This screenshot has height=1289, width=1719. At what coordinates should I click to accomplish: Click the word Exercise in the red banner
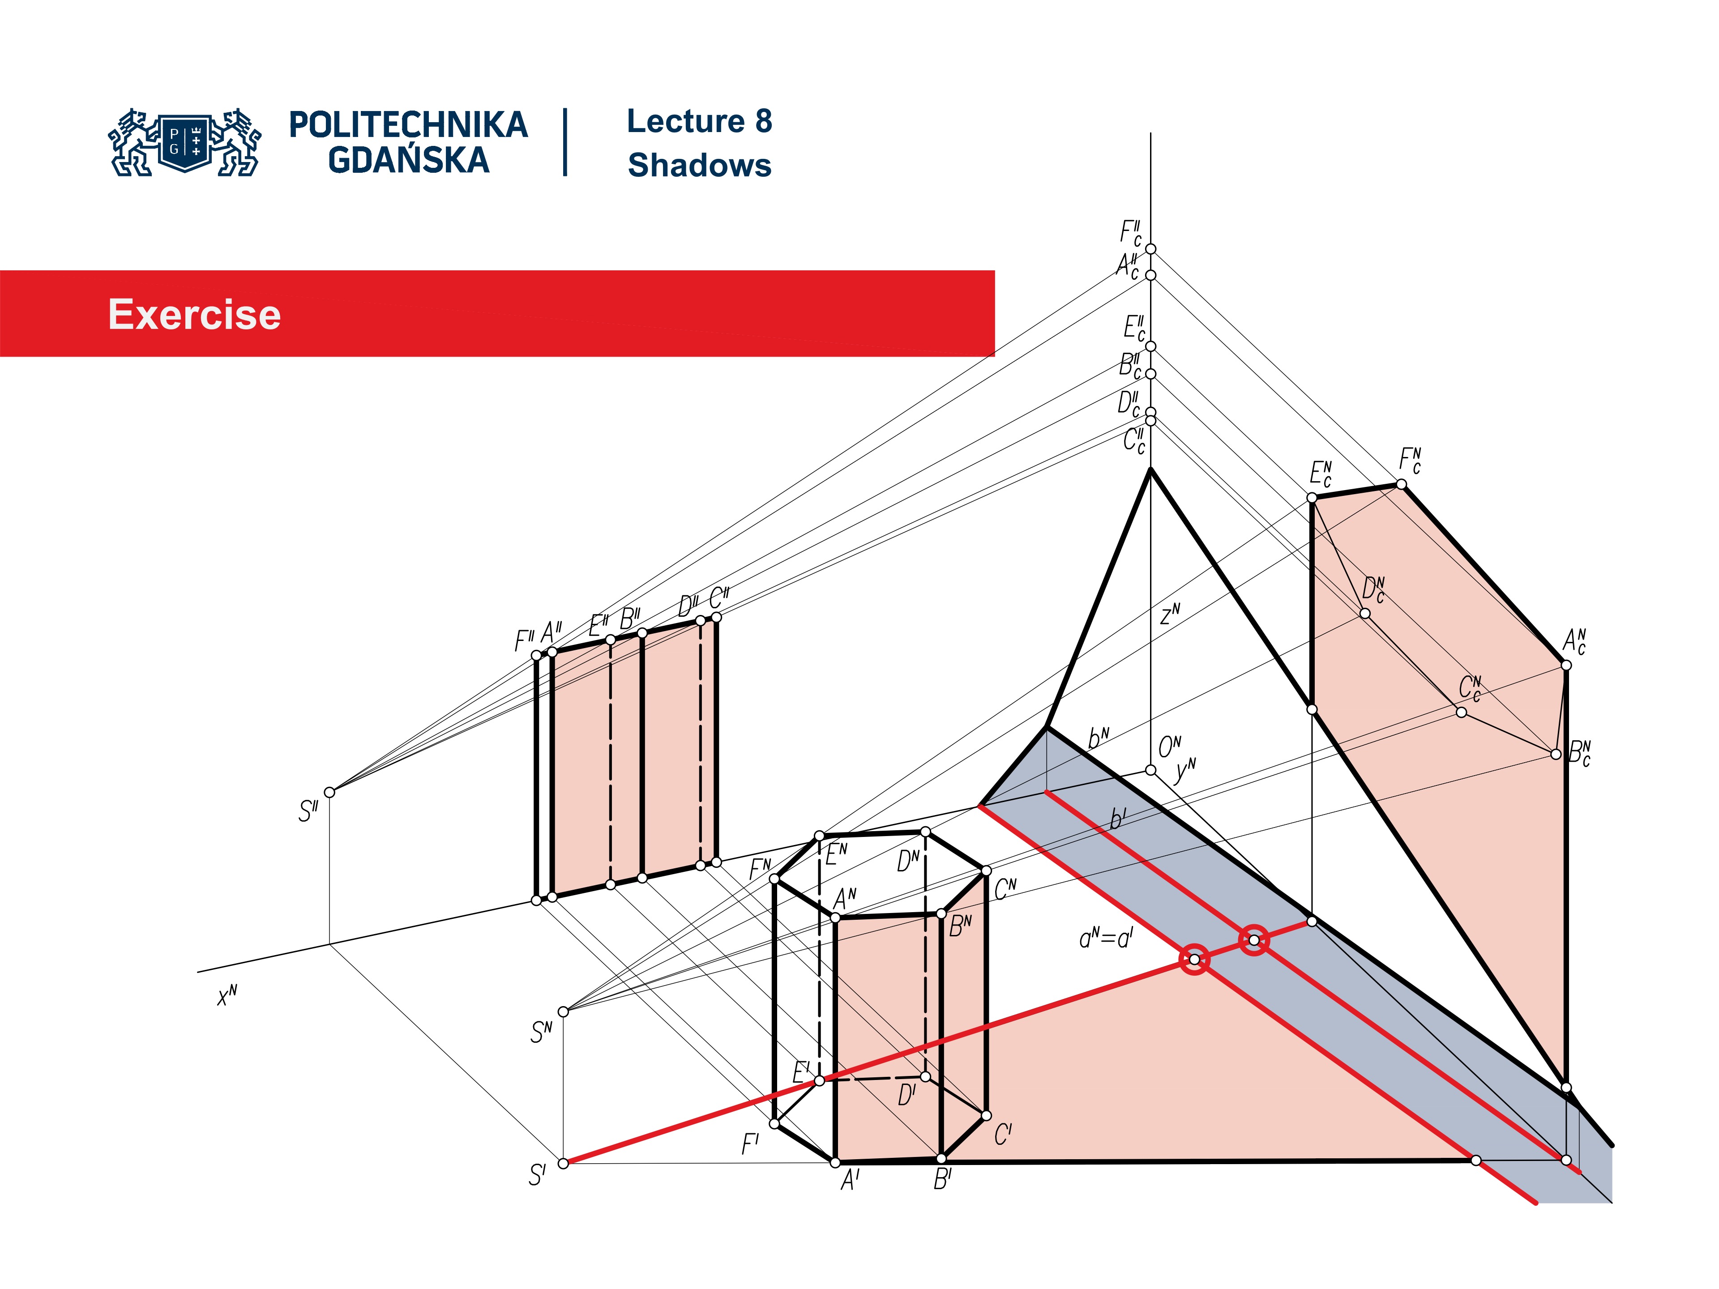coord(194,315)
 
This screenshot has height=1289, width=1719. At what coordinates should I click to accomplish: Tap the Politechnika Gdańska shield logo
coord(185,142)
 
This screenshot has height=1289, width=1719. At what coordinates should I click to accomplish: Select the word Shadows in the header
coord(699,166)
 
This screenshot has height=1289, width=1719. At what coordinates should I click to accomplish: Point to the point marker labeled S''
coord(329,793)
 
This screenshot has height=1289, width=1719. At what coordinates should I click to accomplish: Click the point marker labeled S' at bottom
coord(564,1163)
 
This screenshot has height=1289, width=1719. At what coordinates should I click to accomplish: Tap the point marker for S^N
coord(564,1012)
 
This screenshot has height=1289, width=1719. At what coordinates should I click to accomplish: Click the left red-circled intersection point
coord(1194,960)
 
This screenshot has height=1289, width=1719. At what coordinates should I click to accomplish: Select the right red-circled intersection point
coord(1253,940)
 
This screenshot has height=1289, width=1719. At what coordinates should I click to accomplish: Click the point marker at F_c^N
coord(1401,484)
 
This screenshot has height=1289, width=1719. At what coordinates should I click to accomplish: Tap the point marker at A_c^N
coord(1566,665)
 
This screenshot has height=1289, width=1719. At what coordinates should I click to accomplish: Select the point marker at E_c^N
coord(1312,497)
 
